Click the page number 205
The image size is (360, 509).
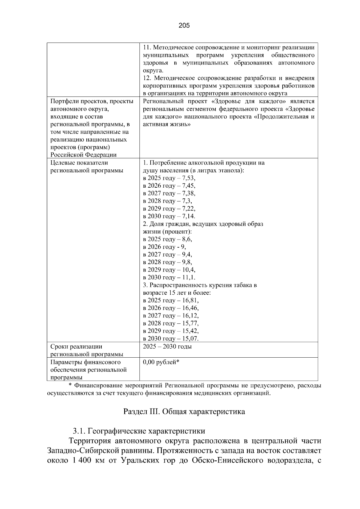point(184,25)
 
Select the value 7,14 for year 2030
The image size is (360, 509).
point(189,216)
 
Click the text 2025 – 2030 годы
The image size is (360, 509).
point(167,347)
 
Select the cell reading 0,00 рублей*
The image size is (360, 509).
point(161,362)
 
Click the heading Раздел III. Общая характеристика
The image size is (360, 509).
point(184,412)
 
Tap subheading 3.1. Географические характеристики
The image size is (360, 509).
point(139,431)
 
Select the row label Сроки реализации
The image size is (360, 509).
point(76,347)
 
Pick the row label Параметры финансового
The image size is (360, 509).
point(85,362)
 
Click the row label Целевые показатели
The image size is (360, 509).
point(79,163)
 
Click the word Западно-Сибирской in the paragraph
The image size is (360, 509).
point(84,451)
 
